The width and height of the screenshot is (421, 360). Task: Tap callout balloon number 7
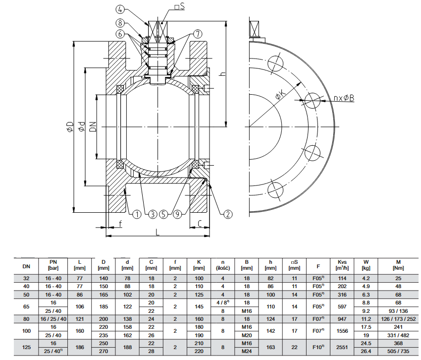(x=198, y=34)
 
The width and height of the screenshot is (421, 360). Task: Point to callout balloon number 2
(x=227, y=214)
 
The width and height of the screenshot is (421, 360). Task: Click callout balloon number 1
(x=137, y=214)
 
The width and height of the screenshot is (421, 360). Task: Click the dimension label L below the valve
(x=157, y=232)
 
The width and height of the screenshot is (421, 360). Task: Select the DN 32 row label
(x=26, y=278)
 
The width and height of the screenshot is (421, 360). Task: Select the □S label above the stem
(x=179, y=7)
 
